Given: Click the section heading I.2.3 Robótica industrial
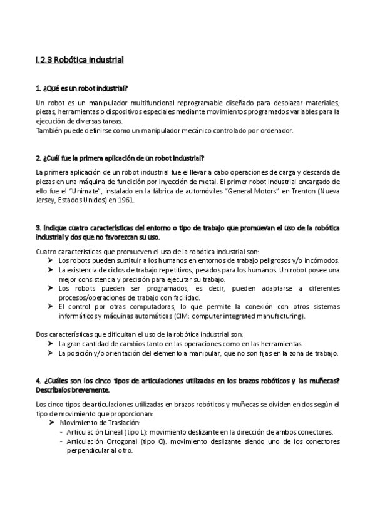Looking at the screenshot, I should click(x=80, y=61).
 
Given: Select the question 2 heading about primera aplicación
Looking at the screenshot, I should click(x=120, y=157).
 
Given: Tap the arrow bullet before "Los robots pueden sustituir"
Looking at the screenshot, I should click(x=51, y=260).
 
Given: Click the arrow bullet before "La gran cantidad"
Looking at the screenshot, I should click(x=51, y=344).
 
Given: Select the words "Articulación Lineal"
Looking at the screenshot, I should click(x=92, y=432).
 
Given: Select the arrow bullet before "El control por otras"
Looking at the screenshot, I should click(x=51, y=307).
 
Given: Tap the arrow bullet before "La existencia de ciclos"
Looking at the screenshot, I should click(x=51, y=269).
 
